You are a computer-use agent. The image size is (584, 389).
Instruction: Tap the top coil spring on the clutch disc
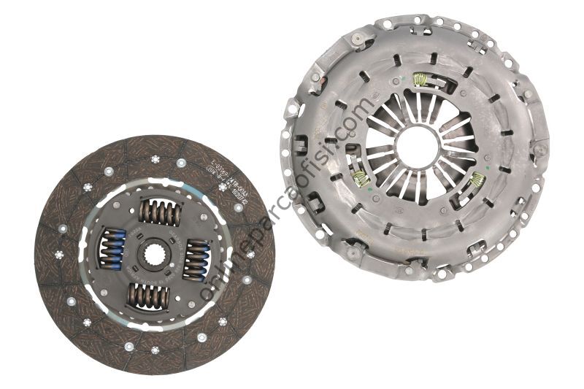tap(160, 212)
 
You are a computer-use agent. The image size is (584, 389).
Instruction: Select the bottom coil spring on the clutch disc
tap(149, 296)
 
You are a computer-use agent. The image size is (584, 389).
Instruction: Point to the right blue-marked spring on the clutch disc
tap(196, 259)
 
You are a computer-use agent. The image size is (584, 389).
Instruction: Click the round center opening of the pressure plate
tap(418, 146)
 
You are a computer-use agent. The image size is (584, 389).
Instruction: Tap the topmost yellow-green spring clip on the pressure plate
tap(420, 80)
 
